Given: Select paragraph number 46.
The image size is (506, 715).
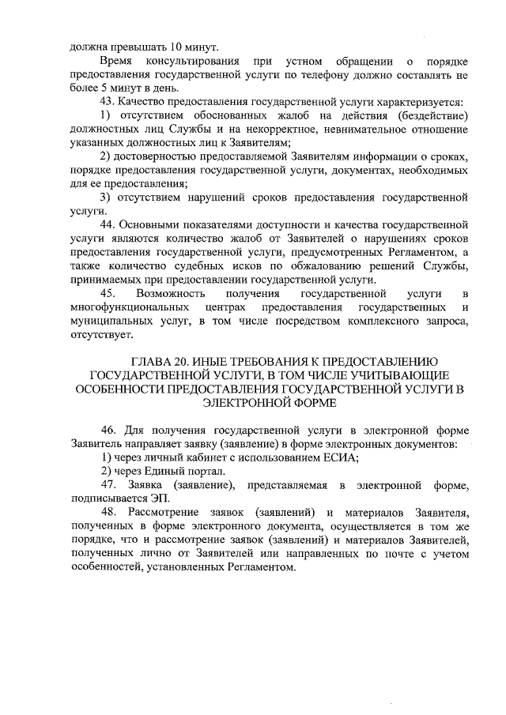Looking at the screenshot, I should pos(109,431).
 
